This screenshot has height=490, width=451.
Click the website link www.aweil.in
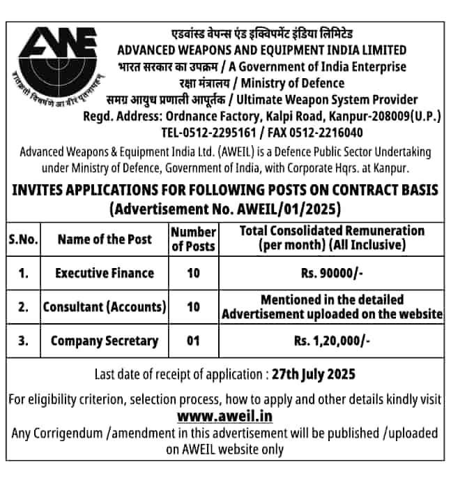[x=224, y=416]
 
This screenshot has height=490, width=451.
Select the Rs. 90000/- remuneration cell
[x=332, y=274]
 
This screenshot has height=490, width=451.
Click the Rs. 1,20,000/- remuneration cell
[x=332, y=341]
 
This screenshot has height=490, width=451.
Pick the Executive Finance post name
[x=105, y=274]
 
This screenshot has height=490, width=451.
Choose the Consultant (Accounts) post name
[x=105, y=307]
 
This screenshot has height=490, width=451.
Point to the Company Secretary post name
[x=105, y=341]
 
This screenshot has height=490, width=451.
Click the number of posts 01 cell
[x=193, y=341]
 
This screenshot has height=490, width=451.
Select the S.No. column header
[x=23, y=239]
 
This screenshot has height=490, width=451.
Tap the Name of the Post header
[x=105, y=239]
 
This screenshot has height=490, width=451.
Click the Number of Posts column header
[x=193, y=239]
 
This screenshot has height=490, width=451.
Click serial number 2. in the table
[x=23, y=307]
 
